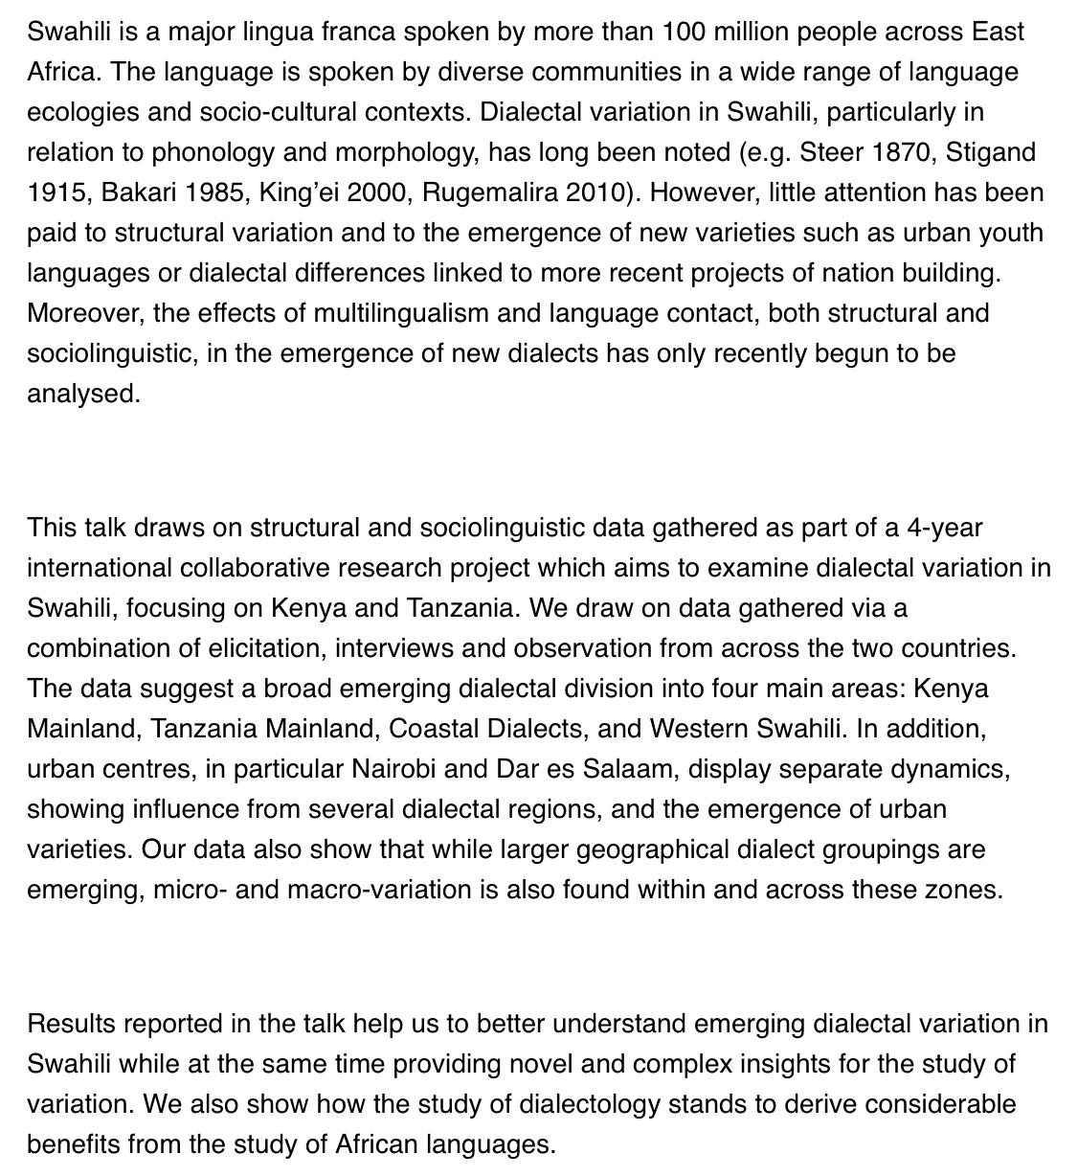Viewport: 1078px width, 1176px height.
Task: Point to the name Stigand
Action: tap(991, 152)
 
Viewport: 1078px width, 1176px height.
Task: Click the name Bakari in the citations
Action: tap(138, 192)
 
